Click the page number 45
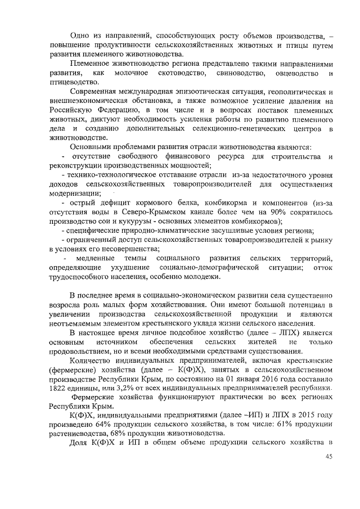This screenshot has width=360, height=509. tap(329, 456)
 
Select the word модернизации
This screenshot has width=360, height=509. tap(72, 193)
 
